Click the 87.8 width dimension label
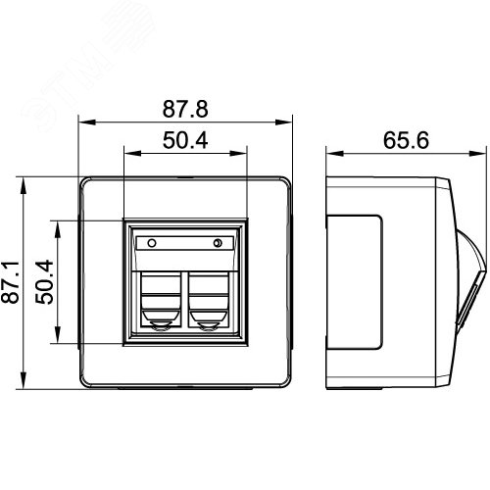(185, 109)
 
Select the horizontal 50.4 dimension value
(185, 140)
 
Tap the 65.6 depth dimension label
(406, 140)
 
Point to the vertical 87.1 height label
(10, 282)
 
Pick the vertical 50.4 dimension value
(45, 282)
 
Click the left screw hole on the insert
(152, 243)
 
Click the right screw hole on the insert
(218, 243)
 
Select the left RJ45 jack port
(161, 300)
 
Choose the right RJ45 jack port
(209, 300)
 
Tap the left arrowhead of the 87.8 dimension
(87, 122)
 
